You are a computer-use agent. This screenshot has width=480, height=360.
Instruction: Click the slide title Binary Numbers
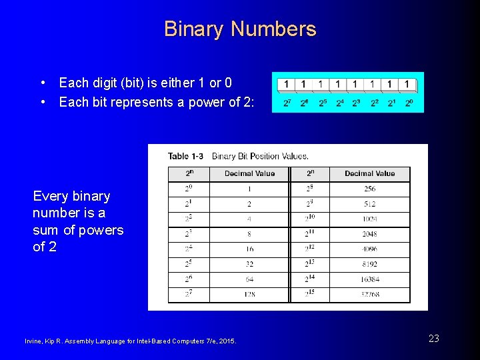click(x=240, y=29)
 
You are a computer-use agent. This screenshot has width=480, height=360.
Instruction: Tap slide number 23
click(x=433, y=339)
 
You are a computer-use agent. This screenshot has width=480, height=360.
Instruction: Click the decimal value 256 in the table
click(x=370, y=189)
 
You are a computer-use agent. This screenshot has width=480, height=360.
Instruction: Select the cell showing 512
click(x=370, y=204)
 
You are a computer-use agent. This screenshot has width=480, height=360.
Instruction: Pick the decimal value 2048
click(x=370, y=234)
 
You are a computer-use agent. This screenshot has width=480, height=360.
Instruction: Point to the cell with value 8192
click(x=370, y=264)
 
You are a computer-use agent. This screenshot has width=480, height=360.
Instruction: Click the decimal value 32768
click(x=370, y=294)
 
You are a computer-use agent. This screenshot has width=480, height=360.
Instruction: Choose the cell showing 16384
click(x=370, y=279)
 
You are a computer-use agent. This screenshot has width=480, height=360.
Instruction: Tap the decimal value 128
click(x=249, y=294)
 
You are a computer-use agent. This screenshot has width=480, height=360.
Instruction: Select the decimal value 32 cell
click(x=249, y=264)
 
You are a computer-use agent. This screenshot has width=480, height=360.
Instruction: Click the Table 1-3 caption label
click(x=186, y=157)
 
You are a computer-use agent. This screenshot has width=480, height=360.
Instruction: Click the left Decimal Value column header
click(x=249, y=173)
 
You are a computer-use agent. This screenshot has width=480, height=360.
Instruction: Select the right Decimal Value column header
click(x=370, y=173)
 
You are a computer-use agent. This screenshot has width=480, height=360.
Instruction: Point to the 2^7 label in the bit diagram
click(x=287, y=103)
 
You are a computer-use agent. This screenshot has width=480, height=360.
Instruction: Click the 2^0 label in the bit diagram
click(x=409, y=103)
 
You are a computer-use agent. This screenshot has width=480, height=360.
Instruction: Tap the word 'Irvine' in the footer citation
click(x=33, y=342)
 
